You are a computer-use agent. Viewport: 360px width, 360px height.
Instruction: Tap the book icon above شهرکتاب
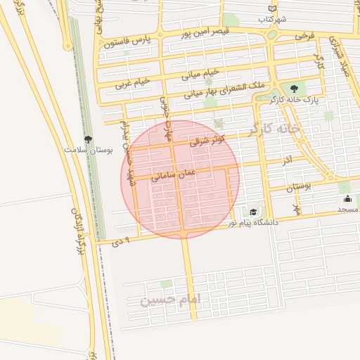point(272,9)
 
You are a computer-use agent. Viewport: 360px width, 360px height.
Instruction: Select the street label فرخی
point(304,34)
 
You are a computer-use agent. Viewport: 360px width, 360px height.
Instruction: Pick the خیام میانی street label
point(202,72)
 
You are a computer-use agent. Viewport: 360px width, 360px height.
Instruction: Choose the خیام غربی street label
point(134,82)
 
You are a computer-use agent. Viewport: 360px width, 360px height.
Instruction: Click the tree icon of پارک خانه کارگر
point(294,89)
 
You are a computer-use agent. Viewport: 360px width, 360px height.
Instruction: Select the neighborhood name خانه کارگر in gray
point(274,129)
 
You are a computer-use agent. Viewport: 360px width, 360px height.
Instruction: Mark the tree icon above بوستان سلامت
point(87,139)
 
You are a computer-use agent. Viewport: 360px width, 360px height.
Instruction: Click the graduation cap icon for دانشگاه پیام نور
point(253,212)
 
